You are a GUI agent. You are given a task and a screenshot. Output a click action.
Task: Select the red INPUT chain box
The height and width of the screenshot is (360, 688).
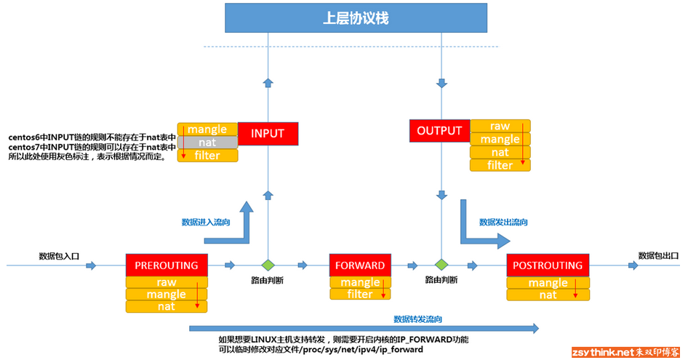[x=267, y=134]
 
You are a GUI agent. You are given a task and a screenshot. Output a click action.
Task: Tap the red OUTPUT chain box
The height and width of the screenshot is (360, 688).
[x=439, y=131]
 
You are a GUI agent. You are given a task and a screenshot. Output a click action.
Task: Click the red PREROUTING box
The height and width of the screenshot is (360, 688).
[x=167, y=265]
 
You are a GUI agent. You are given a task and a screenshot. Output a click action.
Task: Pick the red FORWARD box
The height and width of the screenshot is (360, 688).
[x=360, y=265]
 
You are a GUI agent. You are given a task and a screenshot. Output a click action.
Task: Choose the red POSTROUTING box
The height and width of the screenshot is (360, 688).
[x=548, y=265]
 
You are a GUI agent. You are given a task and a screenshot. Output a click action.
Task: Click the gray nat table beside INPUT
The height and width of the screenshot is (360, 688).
[x=207, y=143]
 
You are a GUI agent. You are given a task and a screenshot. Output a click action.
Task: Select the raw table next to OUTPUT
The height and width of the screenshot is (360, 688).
[x=500, y=126]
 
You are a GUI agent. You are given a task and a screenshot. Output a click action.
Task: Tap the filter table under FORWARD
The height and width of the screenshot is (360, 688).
[x=360, y=295]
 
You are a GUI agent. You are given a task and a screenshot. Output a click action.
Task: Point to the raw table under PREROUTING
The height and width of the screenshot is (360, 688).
[x=167, y=282]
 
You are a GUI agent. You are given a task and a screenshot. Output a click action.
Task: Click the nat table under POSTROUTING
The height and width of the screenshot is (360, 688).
[x=548, y=295]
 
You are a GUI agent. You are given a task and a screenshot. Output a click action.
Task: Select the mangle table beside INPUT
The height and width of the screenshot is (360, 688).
[x=207, y=129]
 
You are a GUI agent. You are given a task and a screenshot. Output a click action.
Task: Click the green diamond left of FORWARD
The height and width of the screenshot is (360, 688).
[x=268, y=265]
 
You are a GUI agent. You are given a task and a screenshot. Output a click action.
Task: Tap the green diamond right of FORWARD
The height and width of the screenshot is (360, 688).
[x=440, y=265]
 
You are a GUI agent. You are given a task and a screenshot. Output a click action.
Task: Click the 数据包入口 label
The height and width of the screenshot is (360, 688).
[x=59, y=256]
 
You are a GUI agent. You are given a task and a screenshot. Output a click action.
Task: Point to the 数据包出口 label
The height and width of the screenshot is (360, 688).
[x=657, y=255]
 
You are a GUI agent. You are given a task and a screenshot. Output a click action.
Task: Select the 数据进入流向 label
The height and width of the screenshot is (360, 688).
[x=206, y=222]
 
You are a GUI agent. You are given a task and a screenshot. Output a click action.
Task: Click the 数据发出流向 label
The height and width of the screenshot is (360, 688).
[x=503, y=222]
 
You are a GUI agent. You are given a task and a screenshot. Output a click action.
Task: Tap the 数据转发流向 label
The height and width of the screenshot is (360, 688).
[x=417, y=319]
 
